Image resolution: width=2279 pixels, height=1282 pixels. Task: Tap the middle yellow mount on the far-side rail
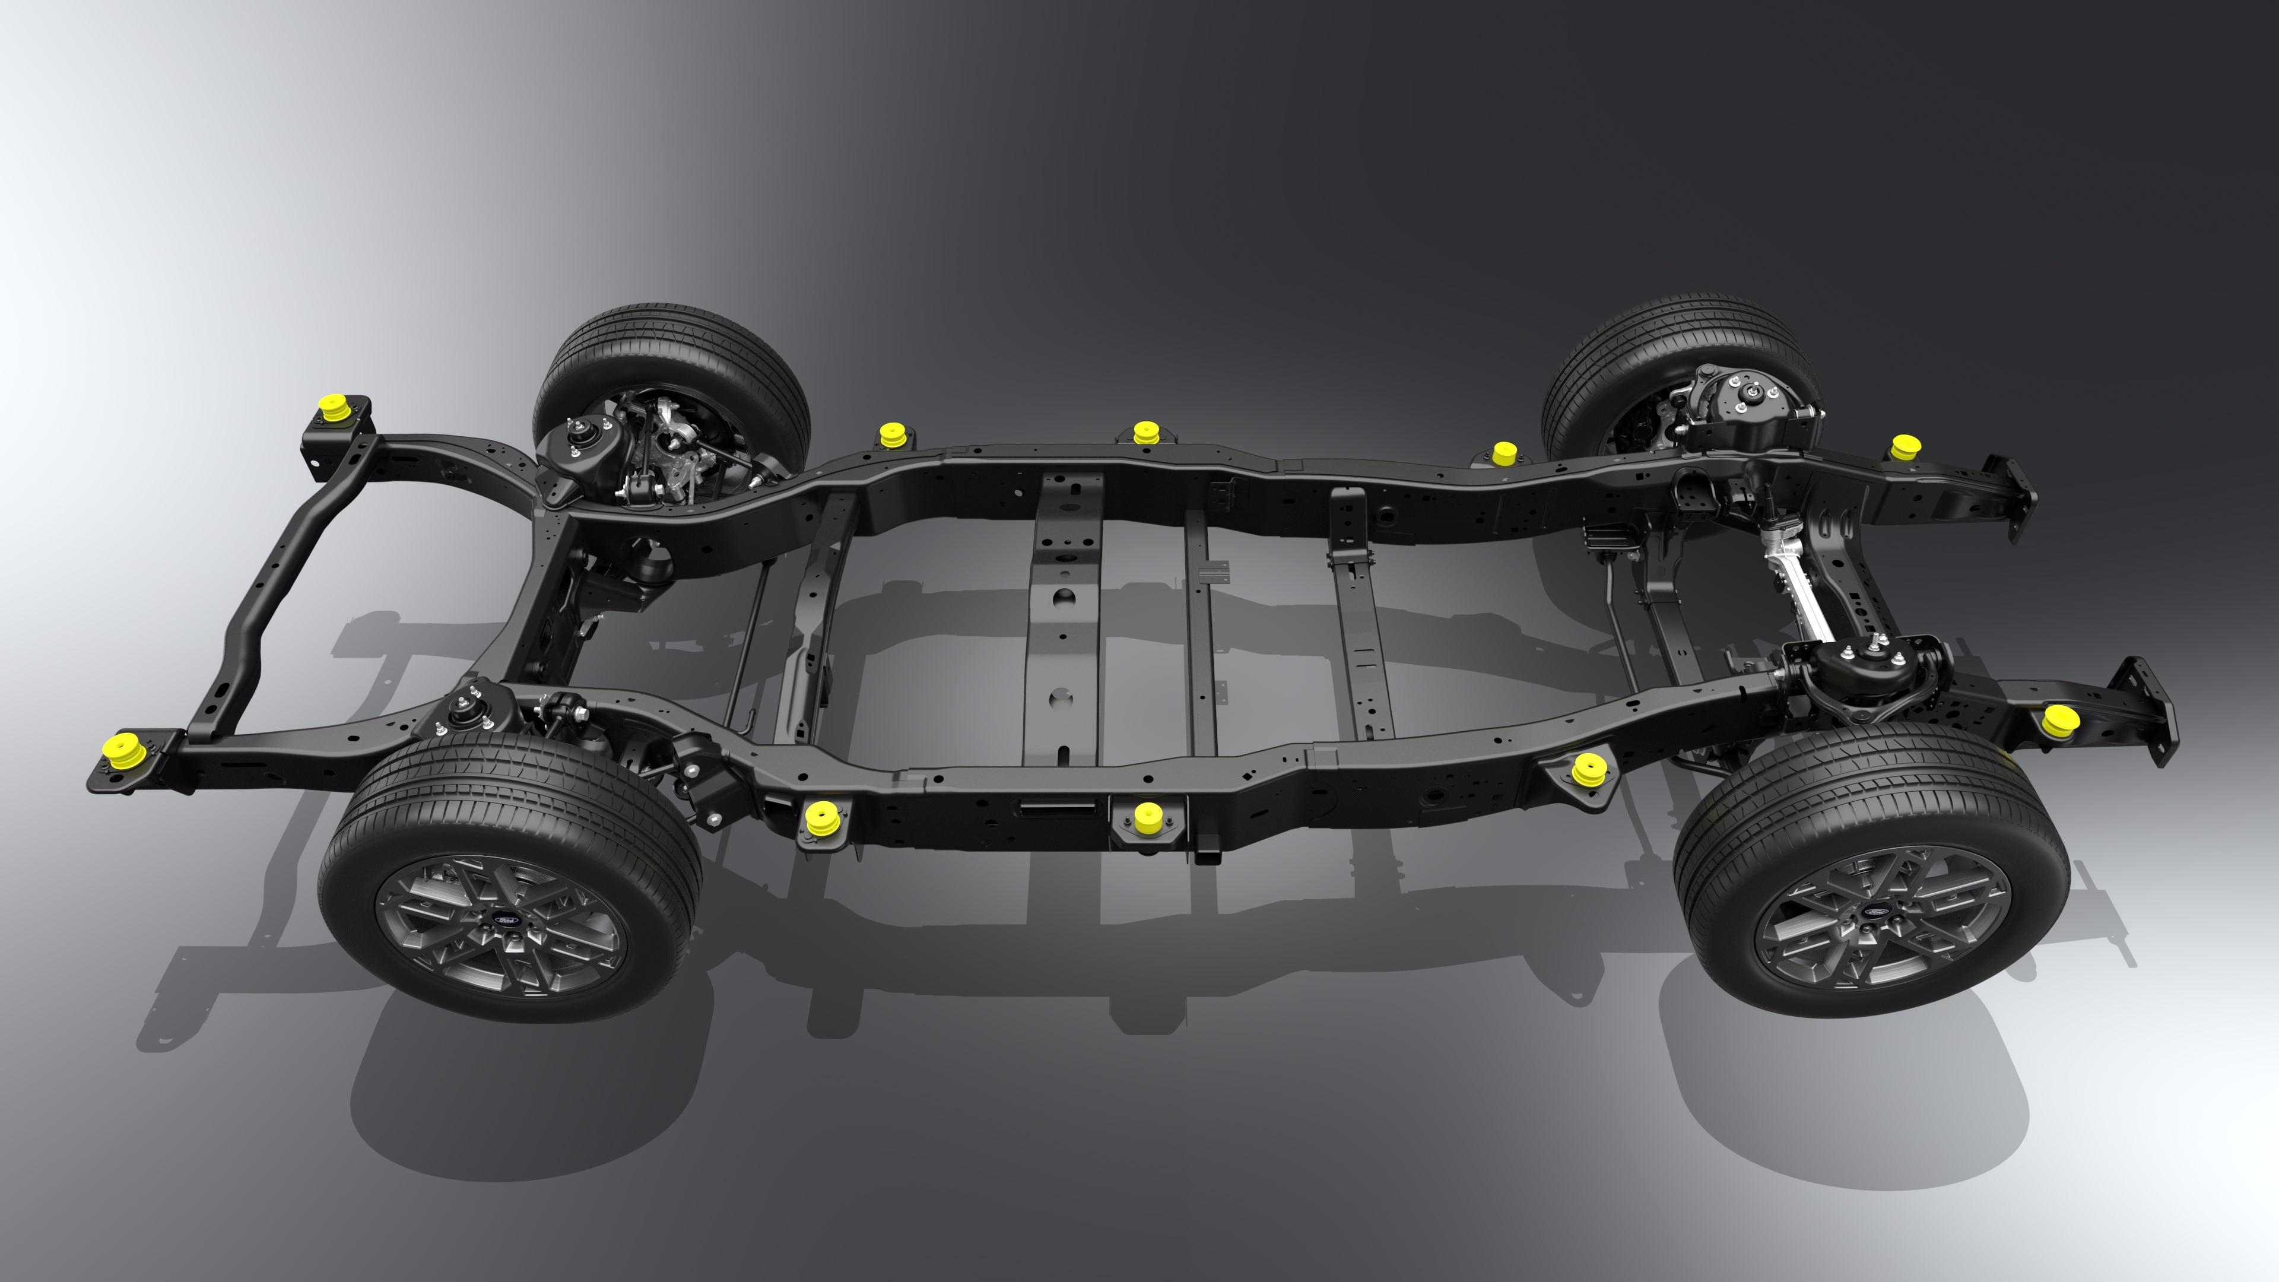(1145, 433)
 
